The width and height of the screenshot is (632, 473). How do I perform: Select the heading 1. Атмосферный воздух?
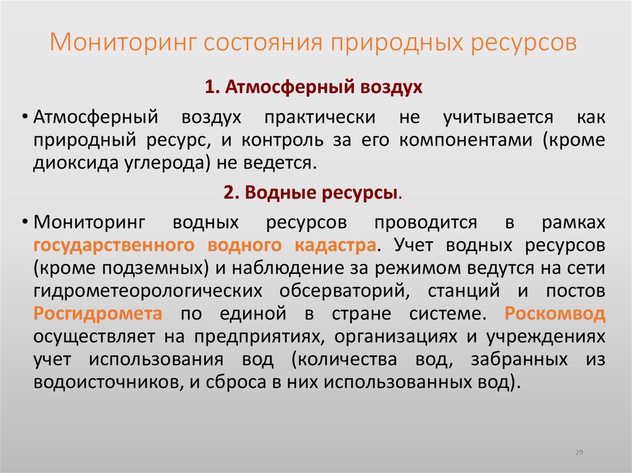(x=314, y=87)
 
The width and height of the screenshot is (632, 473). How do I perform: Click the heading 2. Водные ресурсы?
(x=314, y=193)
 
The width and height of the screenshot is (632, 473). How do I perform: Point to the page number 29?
(x=580, y=453)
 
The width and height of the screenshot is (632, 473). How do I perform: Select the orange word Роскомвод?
(x=555, y=313)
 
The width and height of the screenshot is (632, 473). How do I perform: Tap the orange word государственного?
(x=111, y=245)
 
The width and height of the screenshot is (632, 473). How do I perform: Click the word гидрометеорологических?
(x=144, y=290)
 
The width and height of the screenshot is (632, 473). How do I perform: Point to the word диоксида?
(x=73, y=163)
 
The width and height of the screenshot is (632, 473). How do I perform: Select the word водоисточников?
(x=104, y=382)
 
